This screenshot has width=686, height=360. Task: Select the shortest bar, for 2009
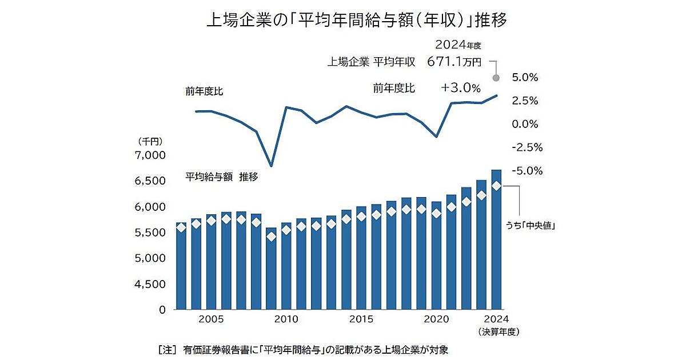pos(271,269)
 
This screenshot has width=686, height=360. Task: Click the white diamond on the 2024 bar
pos(496,186)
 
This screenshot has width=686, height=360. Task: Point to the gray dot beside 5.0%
pos(496,78)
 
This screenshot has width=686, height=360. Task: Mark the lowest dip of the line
pos(271,166)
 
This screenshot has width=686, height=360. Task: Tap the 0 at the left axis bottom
pos(162,310)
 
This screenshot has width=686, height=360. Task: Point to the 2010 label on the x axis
pos(286,319)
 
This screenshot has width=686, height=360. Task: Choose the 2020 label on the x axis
pos(437,319)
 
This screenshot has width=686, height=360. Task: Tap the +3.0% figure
pos(461,88)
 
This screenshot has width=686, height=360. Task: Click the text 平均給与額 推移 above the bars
pos(222,177)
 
